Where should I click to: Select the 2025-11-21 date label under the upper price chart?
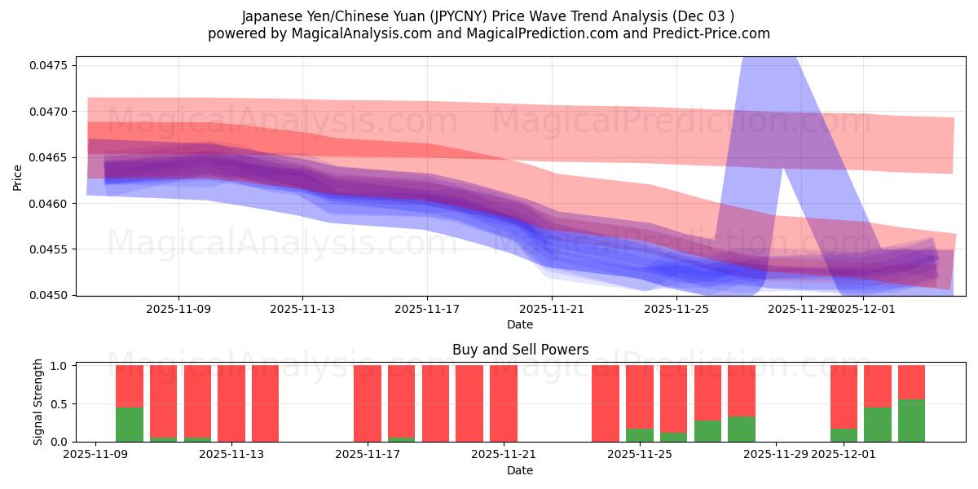(x=551, y=309)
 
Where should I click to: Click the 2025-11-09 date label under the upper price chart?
(x=178, y=309)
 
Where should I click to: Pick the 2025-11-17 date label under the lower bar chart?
(x=368, y=455)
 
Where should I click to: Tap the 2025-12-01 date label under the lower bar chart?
(x=844, y=455)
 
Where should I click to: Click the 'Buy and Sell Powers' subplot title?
(x=520, y=350)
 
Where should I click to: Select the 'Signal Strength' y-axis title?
(x=37, y=403)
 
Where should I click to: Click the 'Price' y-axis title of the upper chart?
(x=18, y=177)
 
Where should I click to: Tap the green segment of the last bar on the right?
(x=911, y=421)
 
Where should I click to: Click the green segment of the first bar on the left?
(x=130, y=425)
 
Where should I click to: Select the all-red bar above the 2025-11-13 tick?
(x=231, y=403)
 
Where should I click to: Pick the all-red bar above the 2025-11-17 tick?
(x=368, y=403)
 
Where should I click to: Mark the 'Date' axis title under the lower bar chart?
(x=520, y=470)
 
